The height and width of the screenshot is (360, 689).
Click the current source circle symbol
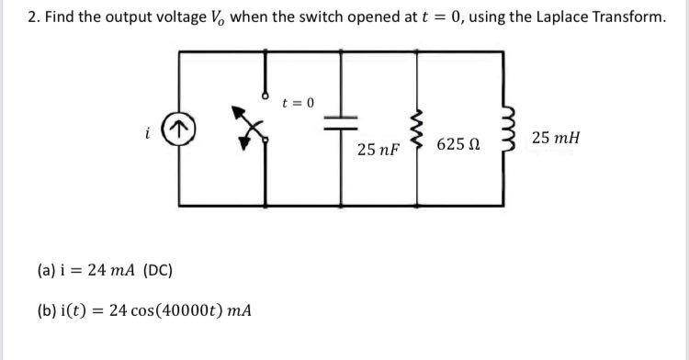[x=181, y=129]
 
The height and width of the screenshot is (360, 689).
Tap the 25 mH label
[x=555, y=138]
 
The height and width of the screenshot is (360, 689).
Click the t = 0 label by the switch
[x=299, y=102]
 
